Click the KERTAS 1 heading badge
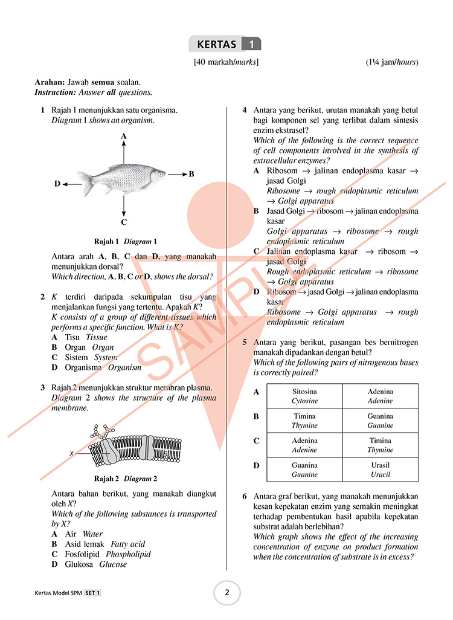[x=225, y=44]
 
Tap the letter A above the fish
[x=124, y=137]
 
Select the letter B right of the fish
[x=191, y=174]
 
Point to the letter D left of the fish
[x=57, y=184]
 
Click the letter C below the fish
[x=124, y=222]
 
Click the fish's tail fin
[x=85, y=183]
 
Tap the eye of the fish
[x=160, y=175]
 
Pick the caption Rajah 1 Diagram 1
[x=125, y=241]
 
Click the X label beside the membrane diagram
[x=71, y=453]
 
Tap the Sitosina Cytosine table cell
[x=304, y=396]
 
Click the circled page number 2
[x=227, y=593]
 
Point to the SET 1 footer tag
[x=92, y=593]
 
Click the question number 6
[x=245, y=497]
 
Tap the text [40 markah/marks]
[x=226, y=62]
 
